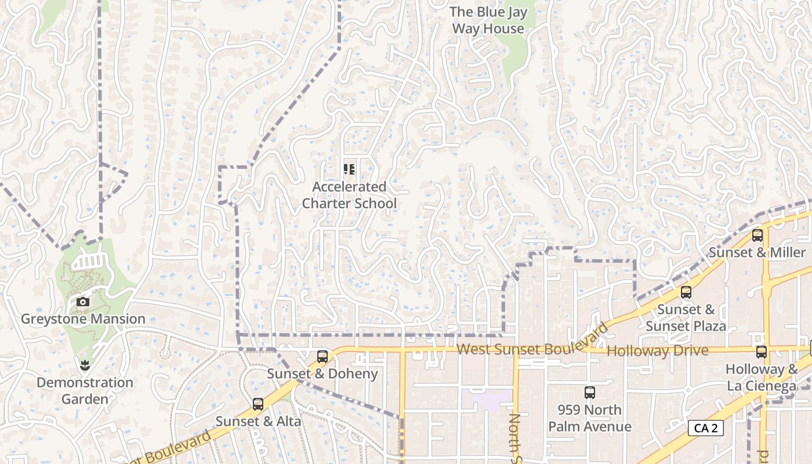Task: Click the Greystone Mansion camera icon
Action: pos(83,302)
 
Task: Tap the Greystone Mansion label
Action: pos(83,319)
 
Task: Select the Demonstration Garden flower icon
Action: pos(85,365)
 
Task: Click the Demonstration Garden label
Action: pos(85,391)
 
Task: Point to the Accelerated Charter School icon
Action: pos(349,169)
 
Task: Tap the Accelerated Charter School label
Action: pos(349,195)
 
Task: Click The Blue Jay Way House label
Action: pos(488,20)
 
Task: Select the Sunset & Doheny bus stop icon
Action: pos(322,356)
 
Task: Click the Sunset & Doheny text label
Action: pos(322,374)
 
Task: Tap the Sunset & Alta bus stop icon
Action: pos(258,404)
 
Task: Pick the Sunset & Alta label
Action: pos(258,421)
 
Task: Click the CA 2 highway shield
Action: pos(706,429)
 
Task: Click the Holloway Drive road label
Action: pos(657,351)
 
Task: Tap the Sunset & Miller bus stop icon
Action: pos(757,235)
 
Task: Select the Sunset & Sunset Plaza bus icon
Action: pos(686,292)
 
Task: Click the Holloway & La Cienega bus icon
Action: pos(762,351)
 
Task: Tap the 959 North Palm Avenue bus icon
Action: pos(590,393)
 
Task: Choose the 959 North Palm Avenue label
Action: pos(590,418)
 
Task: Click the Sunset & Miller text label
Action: pos(757,252)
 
